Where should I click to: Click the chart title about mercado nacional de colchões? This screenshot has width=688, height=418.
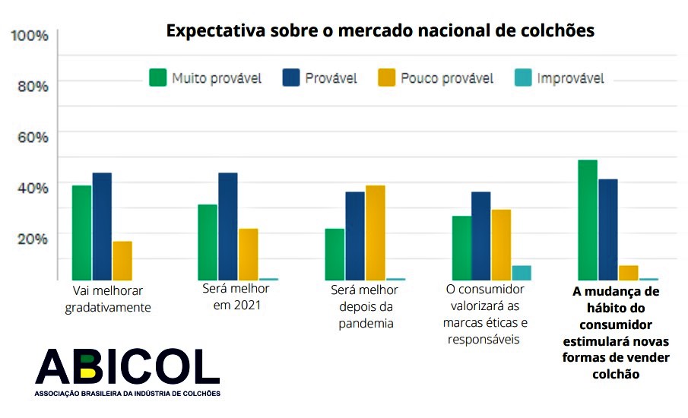380,31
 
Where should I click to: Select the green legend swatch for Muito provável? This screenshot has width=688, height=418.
158,78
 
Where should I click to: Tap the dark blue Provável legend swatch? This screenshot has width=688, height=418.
291,78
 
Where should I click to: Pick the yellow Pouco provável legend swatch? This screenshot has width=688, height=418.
387,78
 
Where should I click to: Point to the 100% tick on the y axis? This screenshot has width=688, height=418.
30,36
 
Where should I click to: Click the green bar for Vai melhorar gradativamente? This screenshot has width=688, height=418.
81,233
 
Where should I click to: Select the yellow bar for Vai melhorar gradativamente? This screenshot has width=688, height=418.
122,261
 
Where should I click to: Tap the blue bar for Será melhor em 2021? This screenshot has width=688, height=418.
228,226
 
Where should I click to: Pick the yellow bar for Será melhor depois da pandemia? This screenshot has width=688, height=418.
376,233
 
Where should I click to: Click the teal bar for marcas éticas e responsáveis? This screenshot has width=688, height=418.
522,273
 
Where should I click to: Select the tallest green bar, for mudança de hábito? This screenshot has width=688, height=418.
588,220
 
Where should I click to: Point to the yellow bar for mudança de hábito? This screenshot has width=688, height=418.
629,273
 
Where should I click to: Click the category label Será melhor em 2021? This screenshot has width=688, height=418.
236,296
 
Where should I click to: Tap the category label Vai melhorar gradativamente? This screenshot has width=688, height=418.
108,299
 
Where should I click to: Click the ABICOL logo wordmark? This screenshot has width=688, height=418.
127,367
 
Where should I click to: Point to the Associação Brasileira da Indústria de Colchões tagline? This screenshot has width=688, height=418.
127,394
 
